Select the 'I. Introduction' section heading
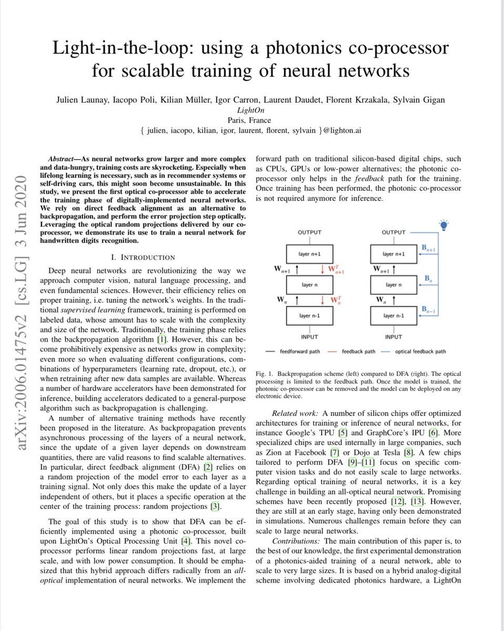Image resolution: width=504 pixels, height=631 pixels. click(147, 258)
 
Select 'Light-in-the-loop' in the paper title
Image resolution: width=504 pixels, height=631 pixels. click(124, 49)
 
